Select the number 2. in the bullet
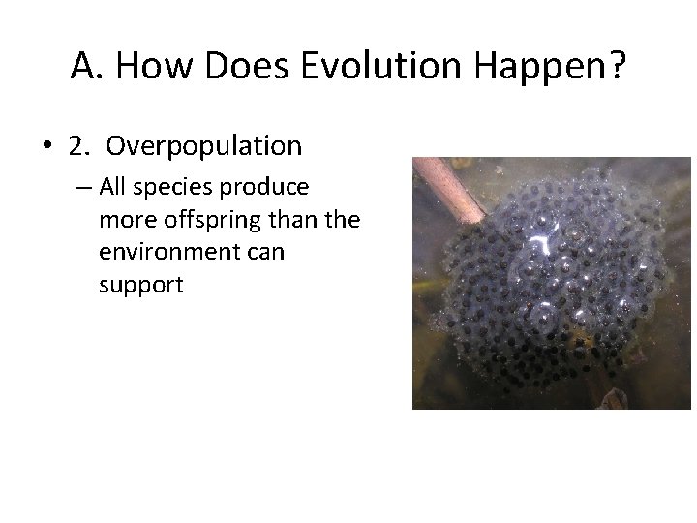click(79, 146)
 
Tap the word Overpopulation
click(204, 147)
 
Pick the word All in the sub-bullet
click(113, 186)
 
